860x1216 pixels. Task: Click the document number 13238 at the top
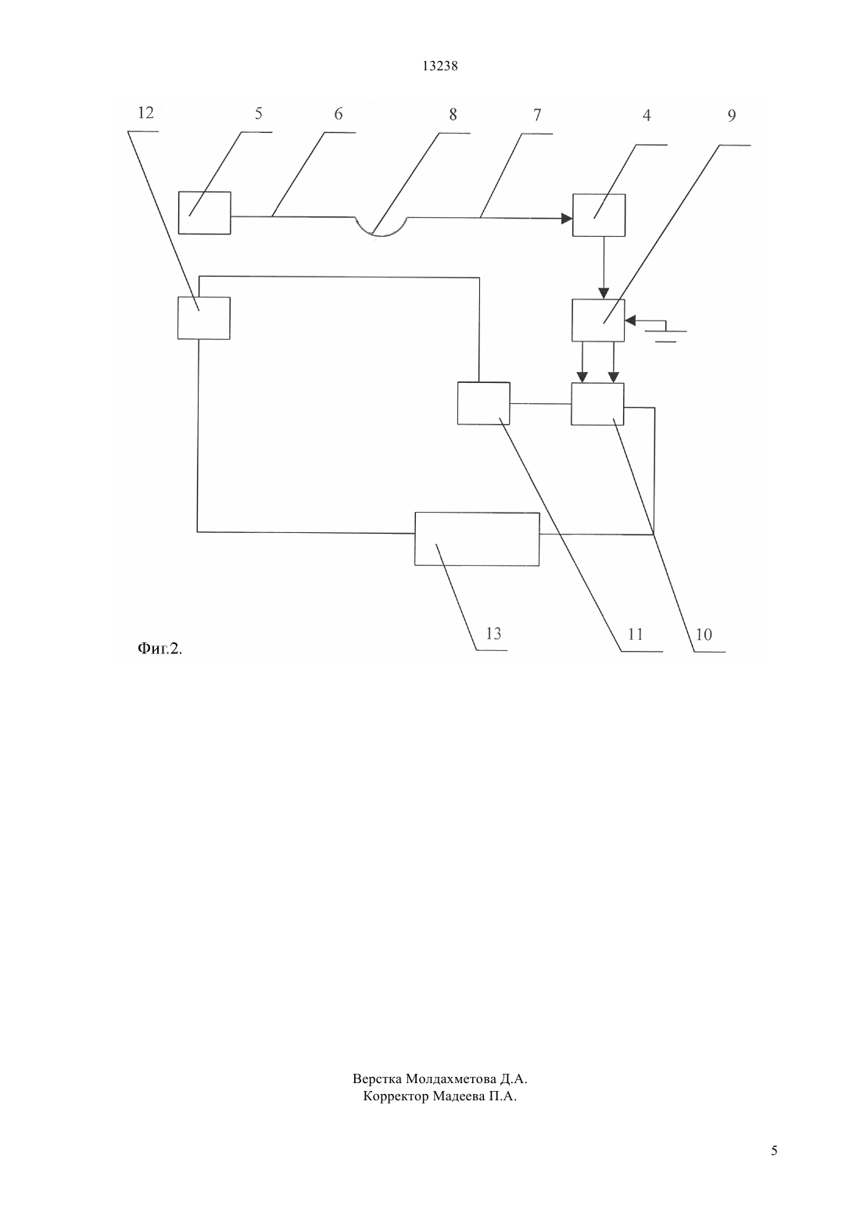tap(439, 66)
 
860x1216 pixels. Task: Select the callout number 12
tap(145, 113)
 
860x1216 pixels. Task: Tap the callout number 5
tap(259, 113)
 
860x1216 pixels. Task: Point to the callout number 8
tap(453, 115)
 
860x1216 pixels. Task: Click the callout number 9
tap(732, 116)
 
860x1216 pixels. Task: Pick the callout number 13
tap(493, 634)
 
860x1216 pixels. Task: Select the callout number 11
tap(635, 634)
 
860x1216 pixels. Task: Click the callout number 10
tap(704, 634)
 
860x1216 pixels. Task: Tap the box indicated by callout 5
tap(205, 213)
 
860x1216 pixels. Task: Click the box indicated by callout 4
tap(599, 215)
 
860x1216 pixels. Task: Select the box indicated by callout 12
tap(204, 318)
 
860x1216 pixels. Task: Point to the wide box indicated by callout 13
tap(477, 539)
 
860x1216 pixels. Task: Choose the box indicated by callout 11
tap(484, 403)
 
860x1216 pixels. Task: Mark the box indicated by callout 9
tap(598, 320)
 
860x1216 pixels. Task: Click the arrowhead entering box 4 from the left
tap(567, 219)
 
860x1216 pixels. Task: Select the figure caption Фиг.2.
tap(159, 648)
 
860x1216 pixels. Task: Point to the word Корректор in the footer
tap(396, 1096)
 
